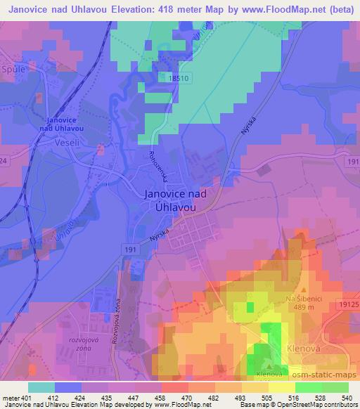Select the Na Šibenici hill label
pos(304,300)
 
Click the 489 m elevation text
pos(304,309)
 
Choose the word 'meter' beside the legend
pos(11,397)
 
